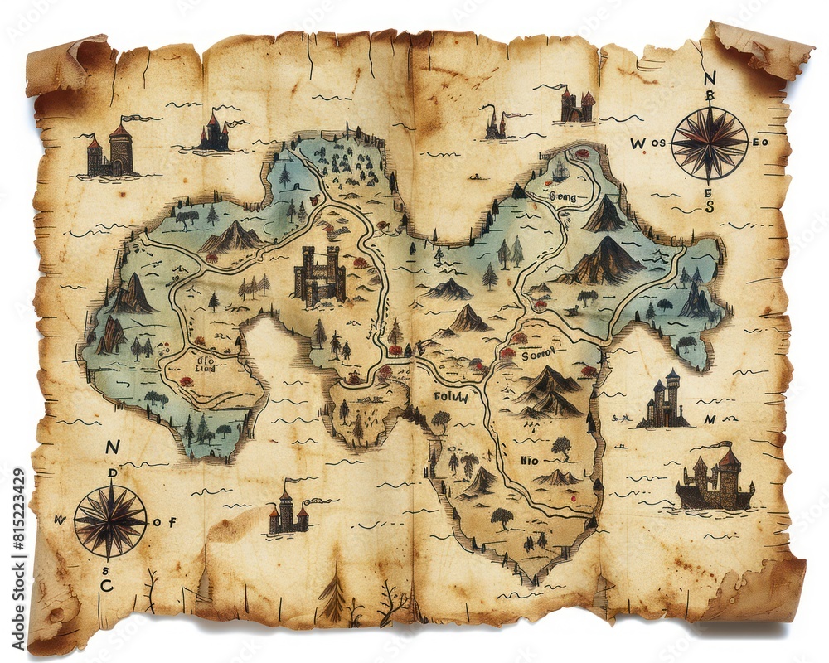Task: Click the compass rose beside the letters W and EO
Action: pos(710,143)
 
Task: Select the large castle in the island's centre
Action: pos(320,275)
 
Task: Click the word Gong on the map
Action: pos(562,197)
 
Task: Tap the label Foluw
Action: pos(451,397)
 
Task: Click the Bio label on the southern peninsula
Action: pos(528,459)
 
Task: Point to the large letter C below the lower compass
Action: pos(106,585)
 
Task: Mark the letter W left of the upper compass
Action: pos(637,143)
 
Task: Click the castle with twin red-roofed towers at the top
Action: pos(577,106)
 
